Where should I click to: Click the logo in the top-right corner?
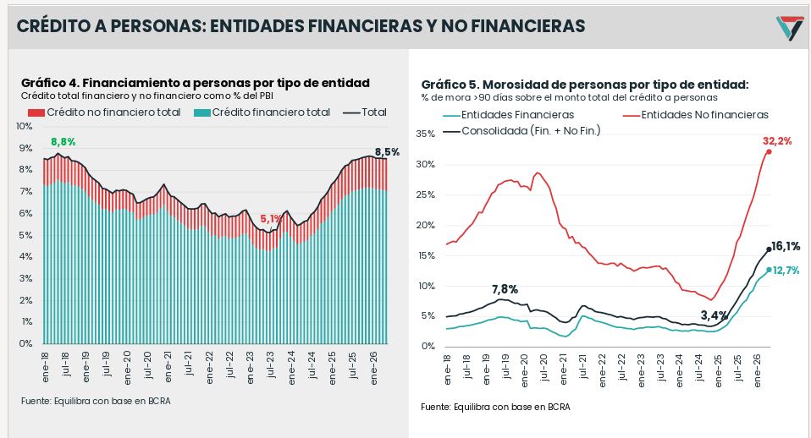tap(790, 28)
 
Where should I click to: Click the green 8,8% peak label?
tap(63, 141)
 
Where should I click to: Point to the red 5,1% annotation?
tap(271, 219)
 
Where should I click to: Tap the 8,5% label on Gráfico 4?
tap(387, 152)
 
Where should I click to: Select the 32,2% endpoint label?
tap(777, 141)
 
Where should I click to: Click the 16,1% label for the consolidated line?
tap(785, 246)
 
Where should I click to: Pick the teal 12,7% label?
tap(786, 270)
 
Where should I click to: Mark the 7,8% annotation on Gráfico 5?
tap(505, 289)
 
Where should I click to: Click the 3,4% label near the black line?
tap(714, 315)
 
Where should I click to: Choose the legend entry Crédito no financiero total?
tap(104, 112)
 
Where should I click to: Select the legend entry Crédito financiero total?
tap(262, 112)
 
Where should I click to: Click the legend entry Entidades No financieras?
tap(696, 115)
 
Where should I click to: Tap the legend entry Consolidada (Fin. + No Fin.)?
tap(521, 131)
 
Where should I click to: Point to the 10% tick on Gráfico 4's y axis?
tap(24, 126)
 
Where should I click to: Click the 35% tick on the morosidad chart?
tap(425, 134)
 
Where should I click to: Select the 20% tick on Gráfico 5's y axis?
tap(425, 225)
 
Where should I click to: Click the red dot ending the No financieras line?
tap(769, 151)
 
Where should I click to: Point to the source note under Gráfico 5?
tap(495, 407)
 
